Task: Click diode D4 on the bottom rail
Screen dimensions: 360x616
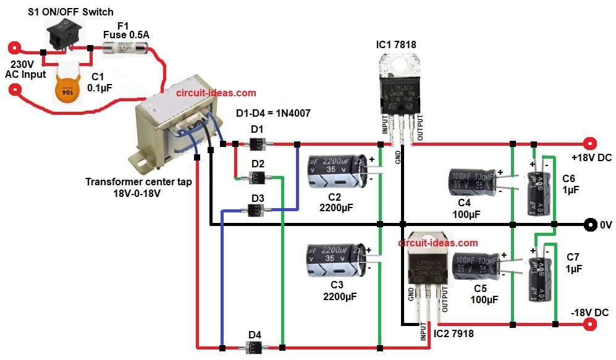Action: point(255,347)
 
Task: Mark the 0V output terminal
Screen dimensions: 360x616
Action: point(590,224)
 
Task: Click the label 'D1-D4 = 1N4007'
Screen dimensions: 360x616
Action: point(274,114)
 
